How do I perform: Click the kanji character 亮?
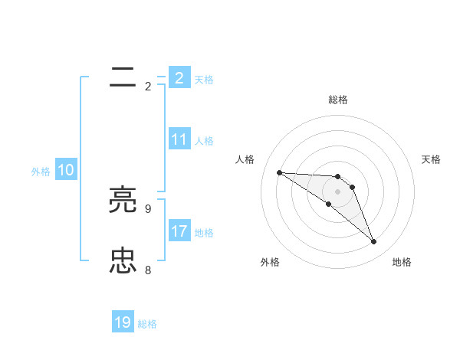point(123,200)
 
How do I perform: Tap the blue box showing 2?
point(179,78)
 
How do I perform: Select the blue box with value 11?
point(179,139)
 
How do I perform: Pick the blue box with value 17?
point(179,231)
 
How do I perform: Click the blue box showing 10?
point(66,171)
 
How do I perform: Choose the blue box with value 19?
point(123,322)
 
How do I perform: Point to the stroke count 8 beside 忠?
point(148,270)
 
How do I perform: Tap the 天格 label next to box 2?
point(204,80)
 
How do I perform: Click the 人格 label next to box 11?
point(204,141)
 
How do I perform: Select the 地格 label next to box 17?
point(204,233)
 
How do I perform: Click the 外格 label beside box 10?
point(41,172)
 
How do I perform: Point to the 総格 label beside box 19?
point(147,324)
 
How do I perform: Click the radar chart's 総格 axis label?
point(338,100)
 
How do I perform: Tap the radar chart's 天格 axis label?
point(431,159)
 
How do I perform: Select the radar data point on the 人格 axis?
point(279,172)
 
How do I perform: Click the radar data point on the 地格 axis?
point(374,242)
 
